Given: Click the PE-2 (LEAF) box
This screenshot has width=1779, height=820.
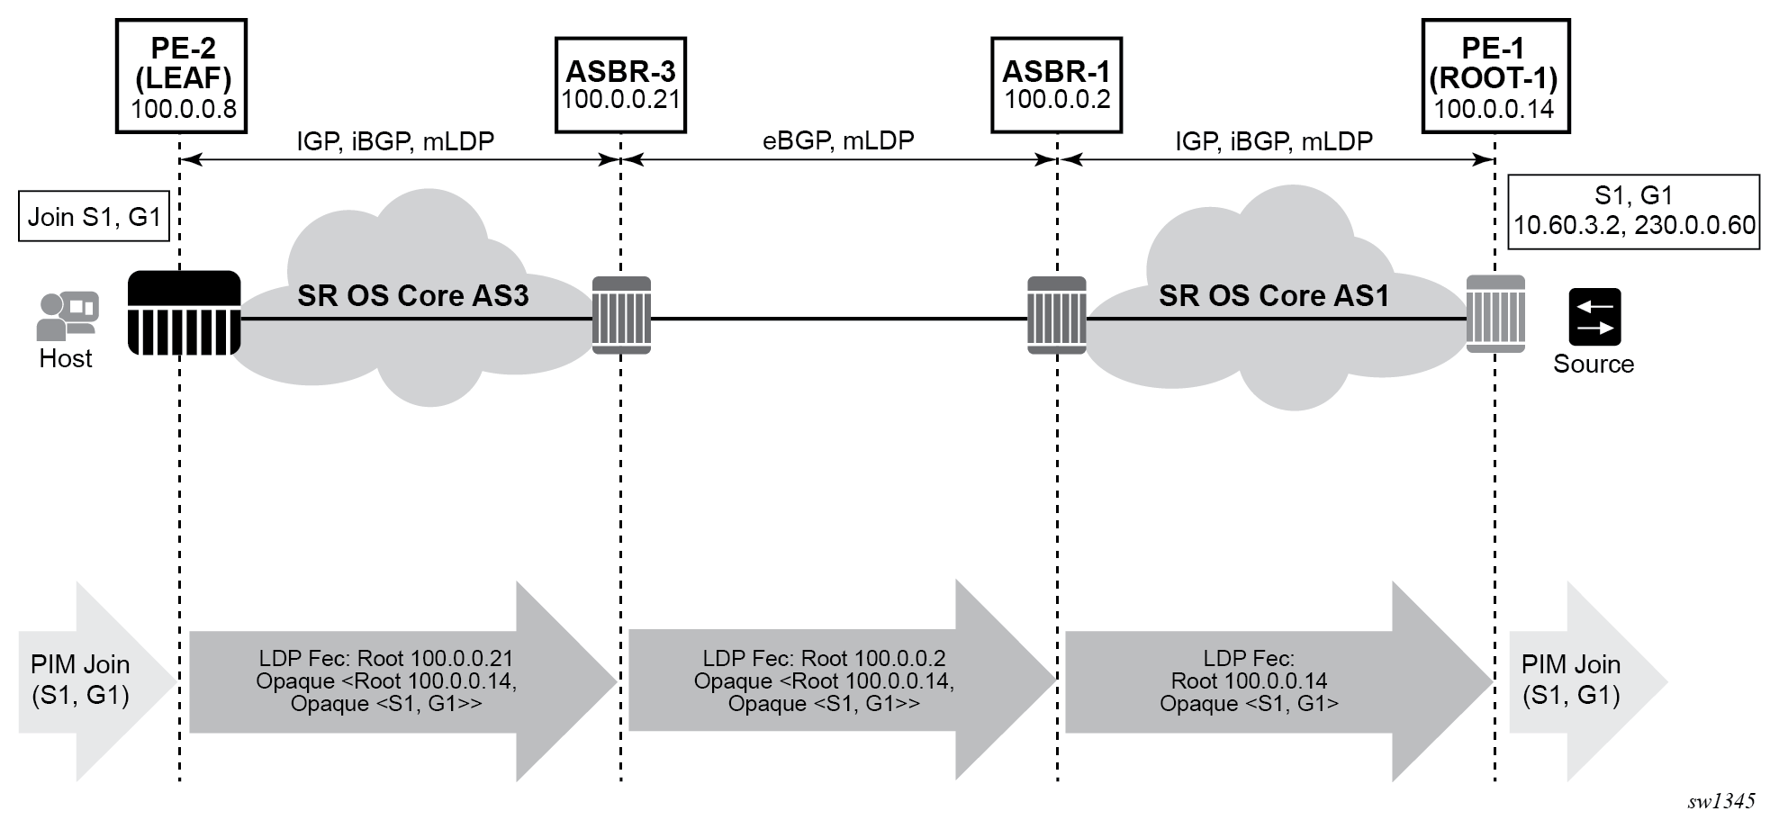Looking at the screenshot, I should pyautogui.click(x=182, y=77).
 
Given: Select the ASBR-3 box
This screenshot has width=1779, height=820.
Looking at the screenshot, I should pyautogui.click(x=620, y=85).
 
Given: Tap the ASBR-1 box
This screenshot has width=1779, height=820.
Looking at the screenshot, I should pyautogui.click(x=1056, y=85).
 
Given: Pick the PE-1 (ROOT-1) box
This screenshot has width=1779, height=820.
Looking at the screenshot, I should pyautogui.click(x=1495, y=77).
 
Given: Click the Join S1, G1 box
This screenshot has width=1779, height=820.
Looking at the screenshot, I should pyautogui.click(x=94, y=217).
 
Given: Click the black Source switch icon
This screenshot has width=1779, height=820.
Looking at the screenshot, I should pyautogui.click(x=1594, y=317).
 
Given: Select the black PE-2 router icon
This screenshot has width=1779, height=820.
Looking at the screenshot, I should pyautogui.click(x=185, y=313).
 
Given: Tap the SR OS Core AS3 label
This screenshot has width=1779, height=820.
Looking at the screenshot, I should pyautogui.click(x=412, y=296).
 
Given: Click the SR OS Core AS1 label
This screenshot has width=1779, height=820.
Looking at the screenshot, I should pyautogui.click(x=1273, y=296).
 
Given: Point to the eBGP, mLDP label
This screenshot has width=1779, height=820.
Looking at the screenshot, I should pyautogui.click(x=838, y=140).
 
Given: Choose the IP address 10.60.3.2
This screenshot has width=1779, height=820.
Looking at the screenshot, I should pyautogui.click(x=1568, y=225).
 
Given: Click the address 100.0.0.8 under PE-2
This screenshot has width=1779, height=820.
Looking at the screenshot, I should pyautogui.click(x=184, y=110).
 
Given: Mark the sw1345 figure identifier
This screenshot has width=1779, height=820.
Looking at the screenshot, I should pyautogui.click(x=1720, y=801).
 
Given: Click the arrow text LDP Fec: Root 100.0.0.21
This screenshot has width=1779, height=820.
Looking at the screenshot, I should pyautogui.click(x=385, y=659).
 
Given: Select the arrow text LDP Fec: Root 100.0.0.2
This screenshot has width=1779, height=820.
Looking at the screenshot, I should pyautogui.click(x=824, y=659).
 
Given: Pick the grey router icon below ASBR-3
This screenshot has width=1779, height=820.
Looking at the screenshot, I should pyautogui.click(x=621, y=315).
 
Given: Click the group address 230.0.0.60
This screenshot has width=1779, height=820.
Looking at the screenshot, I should pyautogui.click(x=1694, y=225).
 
